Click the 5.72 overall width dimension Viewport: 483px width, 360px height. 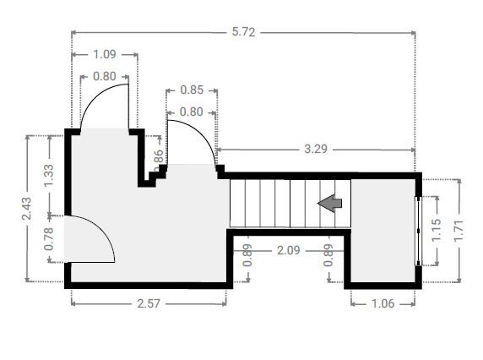243,32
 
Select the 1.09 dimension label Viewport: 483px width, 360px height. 105,55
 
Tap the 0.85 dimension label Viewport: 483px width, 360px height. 192,90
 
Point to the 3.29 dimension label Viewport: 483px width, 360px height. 316,150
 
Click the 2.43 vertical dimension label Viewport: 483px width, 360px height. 27,209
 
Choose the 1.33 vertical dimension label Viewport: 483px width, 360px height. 48,176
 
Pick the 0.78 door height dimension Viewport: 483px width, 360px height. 48,239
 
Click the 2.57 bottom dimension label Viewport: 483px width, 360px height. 149,304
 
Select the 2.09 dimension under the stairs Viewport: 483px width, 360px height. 288,251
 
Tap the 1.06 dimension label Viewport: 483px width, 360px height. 383,304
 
